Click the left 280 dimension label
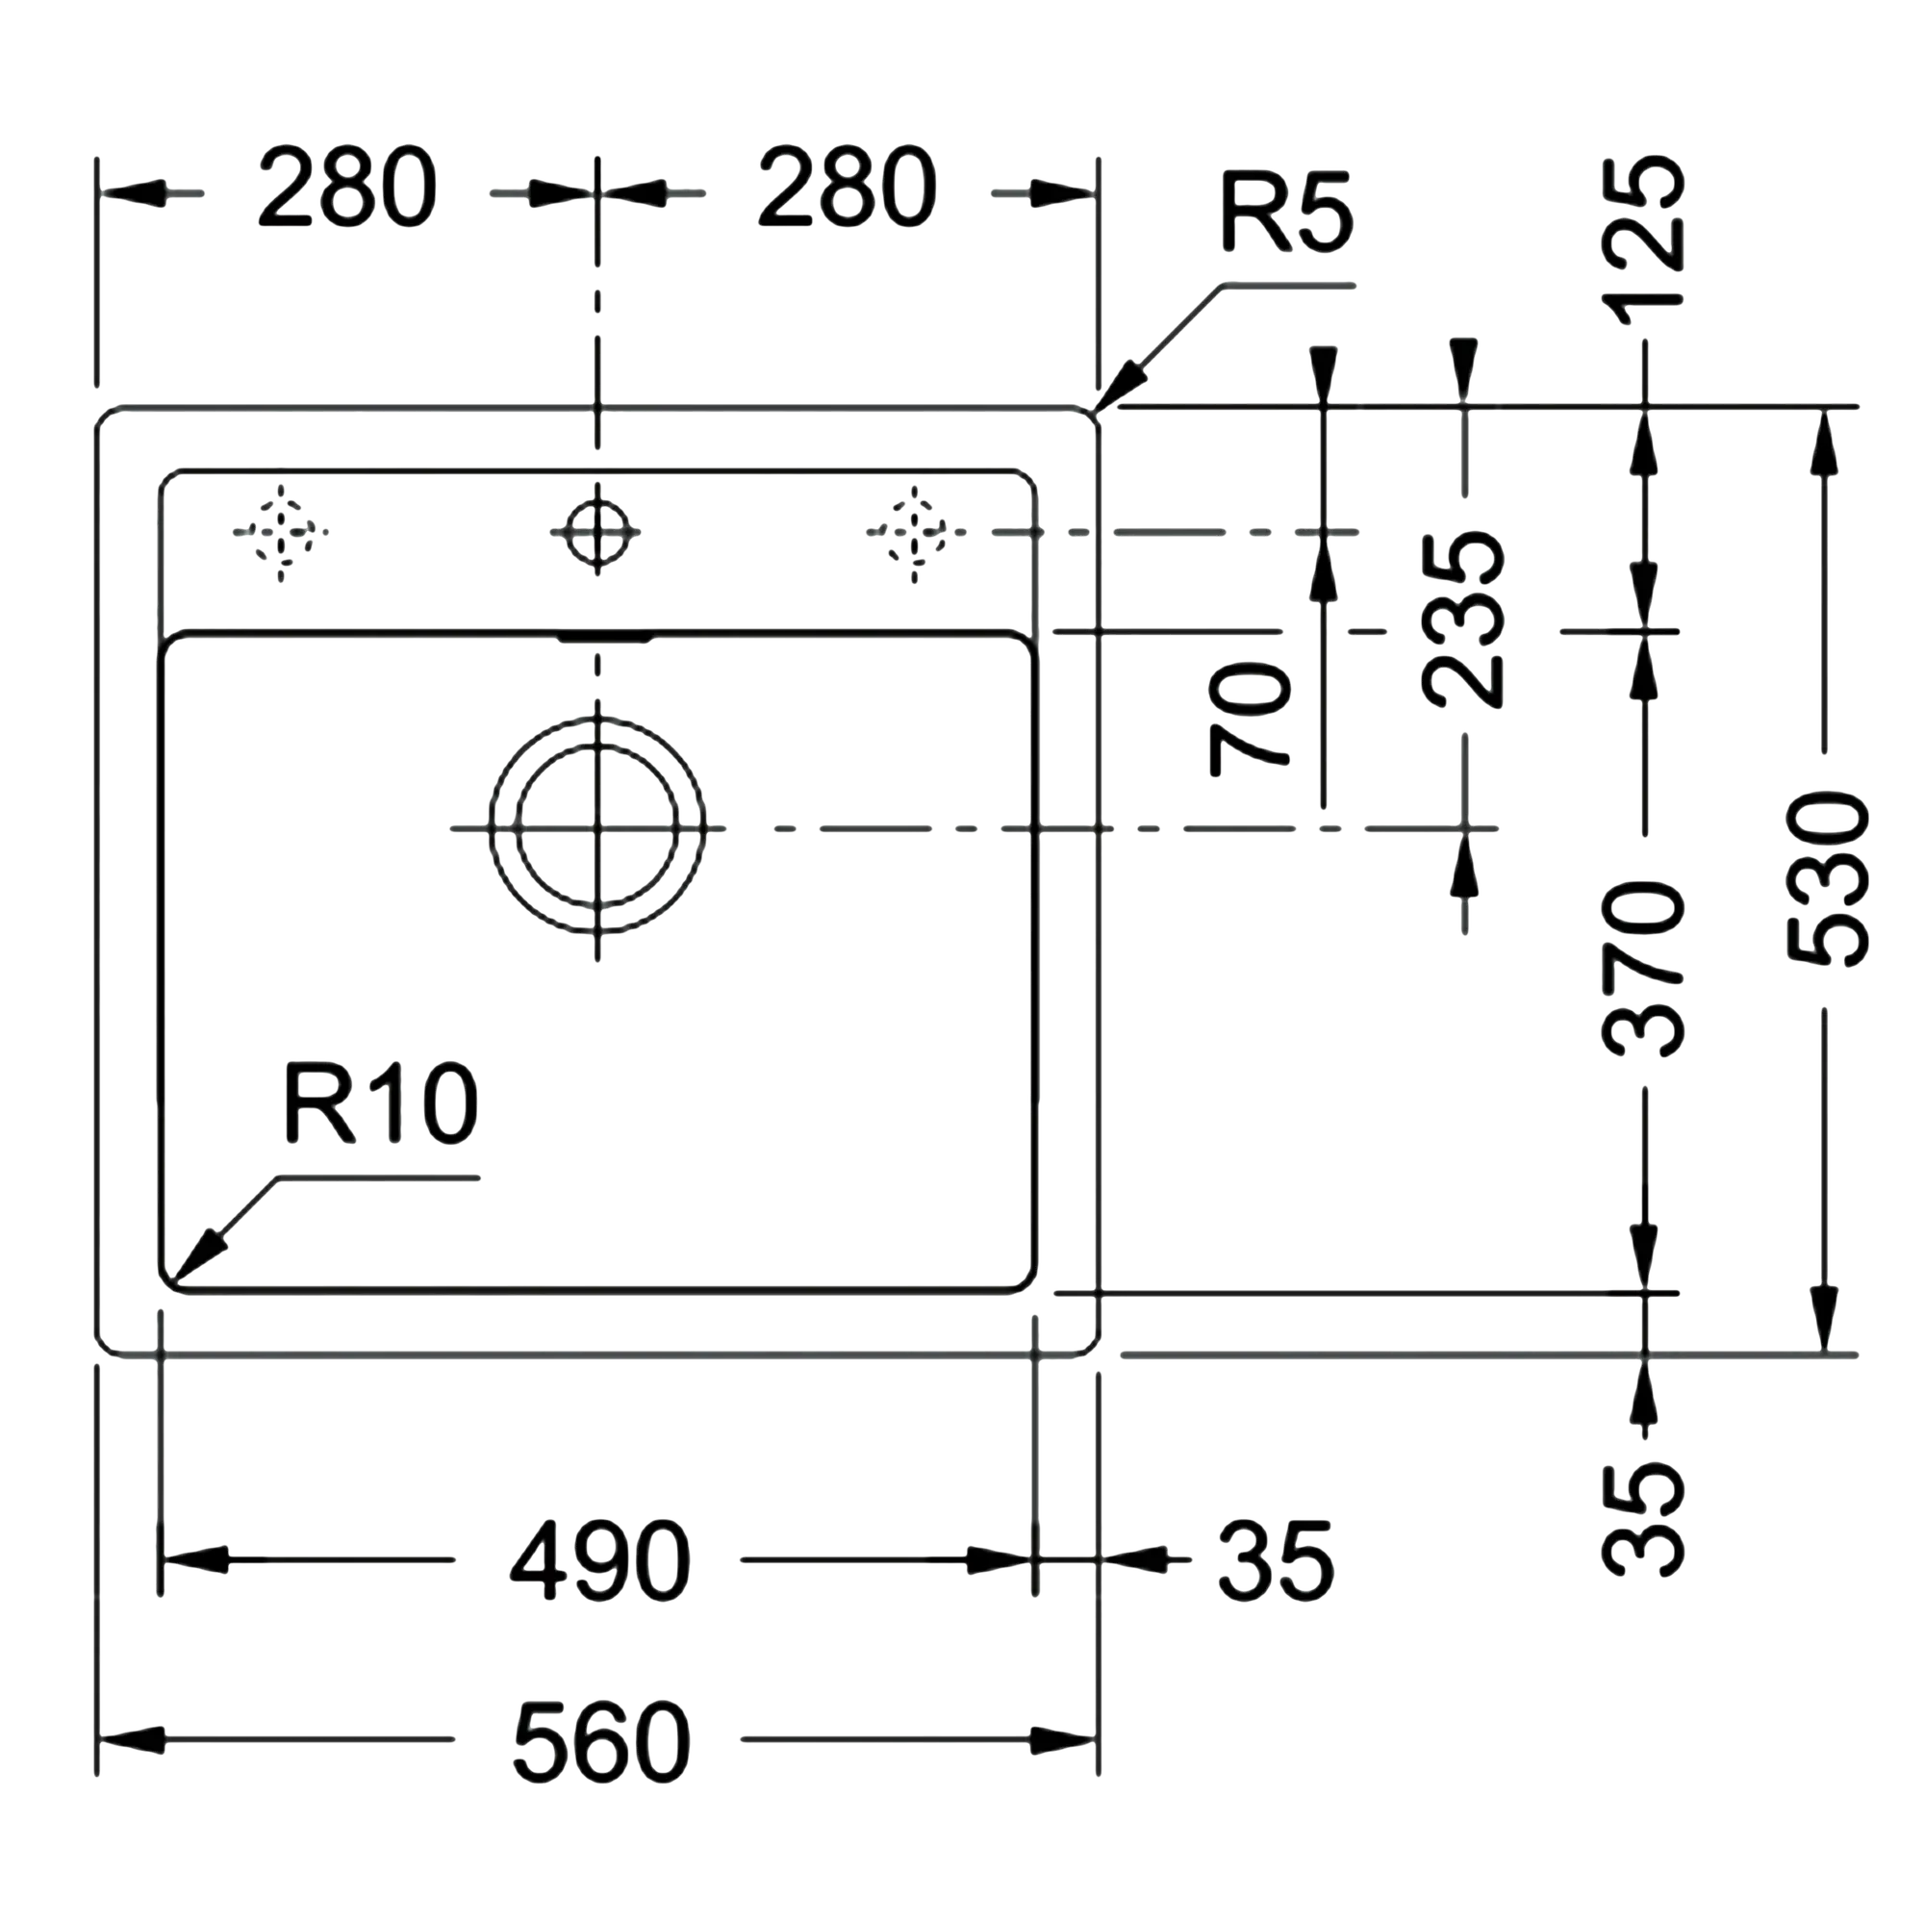[347, 189]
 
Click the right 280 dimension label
[848, 189]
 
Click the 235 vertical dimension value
[1463, 619]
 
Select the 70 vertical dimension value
[1250, 719]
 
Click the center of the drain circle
[597, 826]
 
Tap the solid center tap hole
[597, 532]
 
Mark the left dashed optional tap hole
[281, 532]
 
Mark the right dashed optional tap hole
[914, 532]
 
